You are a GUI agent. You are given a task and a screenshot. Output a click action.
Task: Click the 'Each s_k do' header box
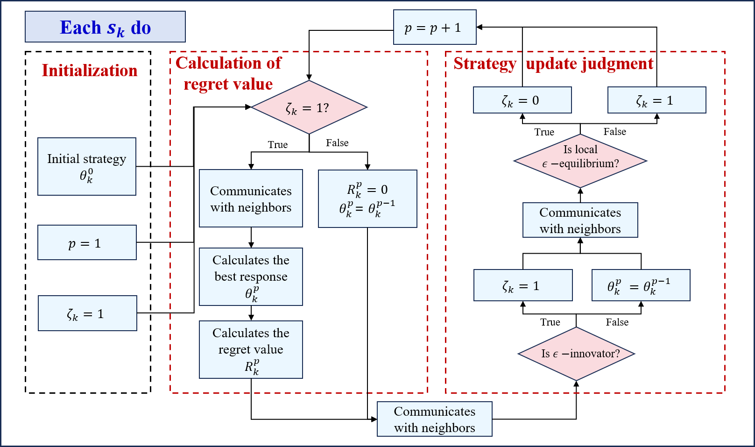click(105, 27)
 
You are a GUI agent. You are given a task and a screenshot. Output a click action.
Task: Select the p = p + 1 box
click(434, 28)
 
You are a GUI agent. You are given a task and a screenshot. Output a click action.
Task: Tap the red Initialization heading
click(90, 71)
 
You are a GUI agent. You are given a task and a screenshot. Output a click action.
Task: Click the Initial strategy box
click(87, 166)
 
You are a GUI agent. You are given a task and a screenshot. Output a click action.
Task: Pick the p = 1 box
click(87, 242)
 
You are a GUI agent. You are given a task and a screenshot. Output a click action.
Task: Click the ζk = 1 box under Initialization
click(87, 313)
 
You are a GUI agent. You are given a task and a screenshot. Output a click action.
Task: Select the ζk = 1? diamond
click(309, 107)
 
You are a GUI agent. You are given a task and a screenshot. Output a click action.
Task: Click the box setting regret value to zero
click(367, 199)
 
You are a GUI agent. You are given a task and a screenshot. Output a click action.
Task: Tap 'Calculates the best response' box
click(251, 277)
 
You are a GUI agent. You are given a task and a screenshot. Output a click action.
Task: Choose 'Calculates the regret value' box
click(251, 349)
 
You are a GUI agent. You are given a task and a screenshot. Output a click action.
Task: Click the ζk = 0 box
click(522, 100)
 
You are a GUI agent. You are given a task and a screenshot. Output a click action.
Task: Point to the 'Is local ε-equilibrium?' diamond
click(580, 161)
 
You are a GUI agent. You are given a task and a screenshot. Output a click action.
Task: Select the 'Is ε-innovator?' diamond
click(577, 354)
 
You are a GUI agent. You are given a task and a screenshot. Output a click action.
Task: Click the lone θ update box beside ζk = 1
click(641, 285)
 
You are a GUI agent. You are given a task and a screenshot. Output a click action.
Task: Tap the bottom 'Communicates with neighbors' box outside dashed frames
click(434, 419)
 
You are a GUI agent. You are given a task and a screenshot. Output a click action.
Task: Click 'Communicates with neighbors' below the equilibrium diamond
click(580, 220)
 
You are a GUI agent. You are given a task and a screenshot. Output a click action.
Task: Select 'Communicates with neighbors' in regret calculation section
click(251, 199)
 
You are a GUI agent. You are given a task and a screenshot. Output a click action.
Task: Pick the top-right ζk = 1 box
click(656, 100)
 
